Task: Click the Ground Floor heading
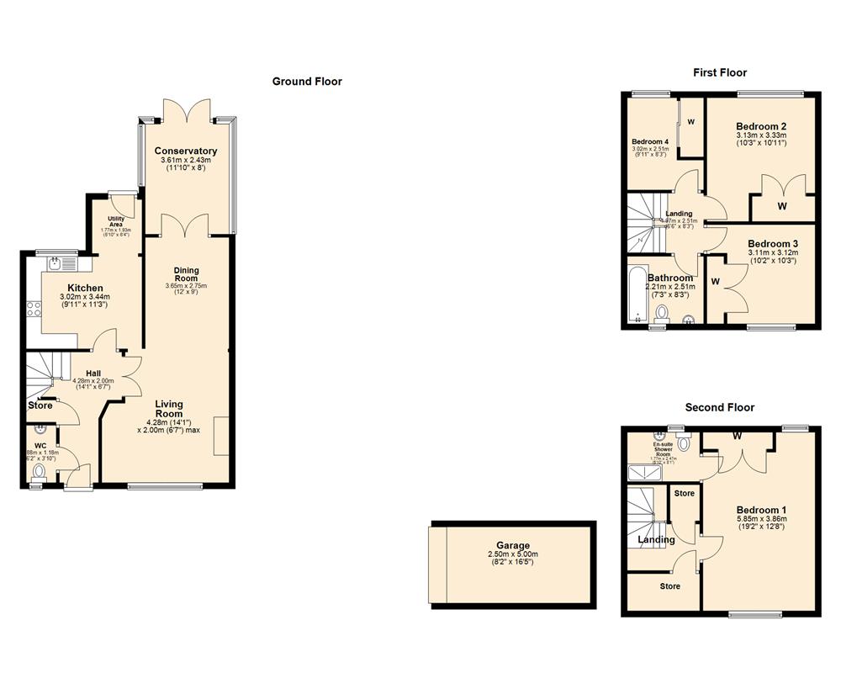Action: (x=307, y=82)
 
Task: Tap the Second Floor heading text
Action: (x=719, y=407)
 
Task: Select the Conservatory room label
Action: (x=186, y=151)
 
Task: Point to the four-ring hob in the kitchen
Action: (x=34, y=309)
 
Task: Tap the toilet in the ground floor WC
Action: (x=38, y=473)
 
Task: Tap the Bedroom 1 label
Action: (x=761, y=510)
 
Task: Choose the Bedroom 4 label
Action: (x=649, y=141)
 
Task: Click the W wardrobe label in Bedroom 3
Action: (x=716, y=281)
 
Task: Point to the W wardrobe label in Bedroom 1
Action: (x=737, y=436)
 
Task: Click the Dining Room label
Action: (x=186, y=273)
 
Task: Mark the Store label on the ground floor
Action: (x=40, y=405)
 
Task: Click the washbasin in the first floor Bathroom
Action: (x=690, y=318)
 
